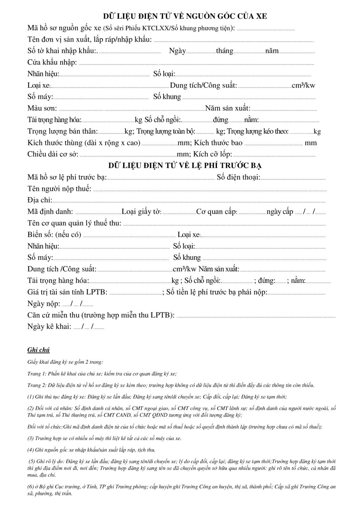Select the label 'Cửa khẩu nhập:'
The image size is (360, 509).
52,62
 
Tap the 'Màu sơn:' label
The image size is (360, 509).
42,108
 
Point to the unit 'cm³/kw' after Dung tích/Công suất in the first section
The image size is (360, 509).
303,85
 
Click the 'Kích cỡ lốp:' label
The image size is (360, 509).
213,154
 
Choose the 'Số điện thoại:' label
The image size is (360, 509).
238,177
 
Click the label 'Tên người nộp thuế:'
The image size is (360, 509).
59,189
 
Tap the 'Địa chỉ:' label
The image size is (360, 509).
40,200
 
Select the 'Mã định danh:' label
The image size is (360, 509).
50,212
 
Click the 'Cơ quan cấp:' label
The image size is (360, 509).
217,212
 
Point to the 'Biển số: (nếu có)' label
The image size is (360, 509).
54,234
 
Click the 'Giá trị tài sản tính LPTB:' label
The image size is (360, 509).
67,292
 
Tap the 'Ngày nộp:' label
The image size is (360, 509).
44,303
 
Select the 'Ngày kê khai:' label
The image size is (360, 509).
49,326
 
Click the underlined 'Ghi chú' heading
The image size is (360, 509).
39,350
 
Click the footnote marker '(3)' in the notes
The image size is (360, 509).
31,438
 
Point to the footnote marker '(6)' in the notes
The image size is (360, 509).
31,487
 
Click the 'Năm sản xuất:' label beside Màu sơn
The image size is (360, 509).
228,108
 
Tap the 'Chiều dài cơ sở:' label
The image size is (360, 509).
53,154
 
